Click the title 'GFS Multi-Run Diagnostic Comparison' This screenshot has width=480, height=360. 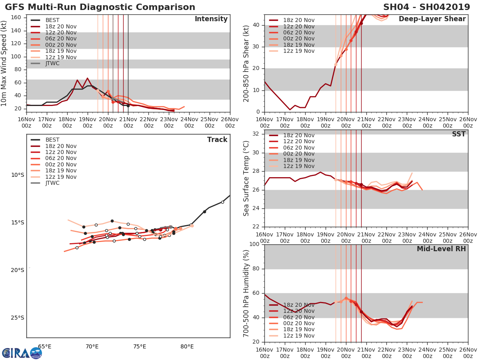click(x=100, y=7)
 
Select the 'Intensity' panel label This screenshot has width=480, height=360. click(x=211, y=19)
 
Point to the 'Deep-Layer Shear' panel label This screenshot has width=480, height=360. click(x=432, y=19)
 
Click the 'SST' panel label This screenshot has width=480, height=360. click(x=458, y=134)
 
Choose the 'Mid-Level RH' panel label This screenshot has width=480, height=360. click(x=441, y=249)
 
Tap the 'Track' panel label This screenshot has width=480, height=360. click(x=217, y=140)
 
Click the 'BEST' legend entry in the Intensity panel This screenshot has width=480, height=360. click(x=52, y=20)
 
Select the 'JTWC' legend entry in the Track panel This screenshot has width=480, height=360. click(x=52, y=183)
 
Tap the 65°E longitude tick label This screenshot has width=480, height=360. click(x=44, y=346)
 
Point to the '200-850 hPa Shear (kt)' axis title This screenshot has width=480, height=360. click(x=246, y=63)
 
